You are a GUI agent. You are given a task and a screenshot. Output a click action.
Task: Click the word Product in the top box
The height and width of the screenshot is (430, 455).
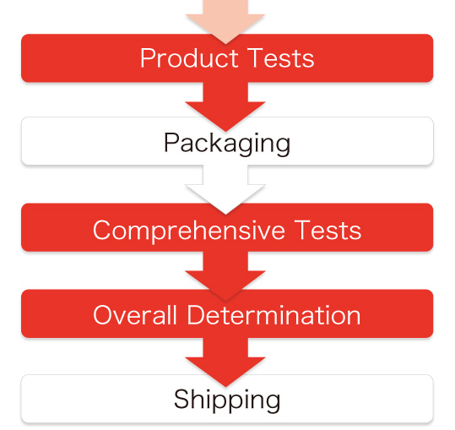pos(189,58)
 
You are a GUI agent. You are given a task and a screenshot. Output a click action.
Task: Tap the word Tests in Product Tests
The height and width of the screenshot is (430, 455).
pos(281,58)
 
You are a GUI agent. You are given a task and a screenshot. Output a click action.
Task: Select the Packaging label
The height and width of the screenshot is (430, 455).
pos(227,143)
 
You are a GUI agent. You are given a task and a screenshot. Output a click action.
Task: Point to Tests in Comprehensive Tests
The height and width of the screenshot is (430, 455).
pos(328,230)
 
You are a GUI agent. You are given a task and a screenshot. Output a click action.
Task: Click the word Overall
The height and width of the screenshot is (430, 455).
pos(135,315)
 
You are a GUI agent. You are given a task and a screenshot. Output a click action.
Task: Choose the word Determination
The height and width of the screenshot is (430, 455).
pos(274,315)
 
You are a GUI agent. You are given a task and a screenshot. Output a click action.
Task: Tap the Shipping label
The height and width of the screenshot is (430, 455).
pos(227,400)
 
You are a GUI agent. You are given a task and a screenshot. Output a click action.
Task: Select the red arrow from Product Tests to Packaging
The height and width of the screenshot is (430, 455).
pos(225,106)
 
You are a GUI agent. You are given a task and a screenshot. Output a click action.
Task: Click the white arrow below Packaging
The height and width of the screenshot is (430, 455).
pos(225,188)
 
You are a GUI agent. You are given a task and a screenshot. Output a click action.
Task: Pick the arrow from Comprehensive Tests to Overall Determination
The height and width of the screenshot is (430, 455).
pos(225,275)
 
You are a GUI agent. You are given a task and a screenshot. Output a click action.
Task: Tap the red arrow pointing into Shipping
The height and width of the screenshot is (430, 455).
pos(225,362)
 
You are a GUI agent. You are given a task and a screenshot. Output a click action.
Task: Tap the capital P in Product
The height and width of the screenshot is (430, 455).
pos(148,58)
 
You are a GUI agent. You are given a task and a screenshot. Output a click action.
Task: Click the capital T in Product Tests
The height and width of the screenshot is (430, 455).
pos(256,58)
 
